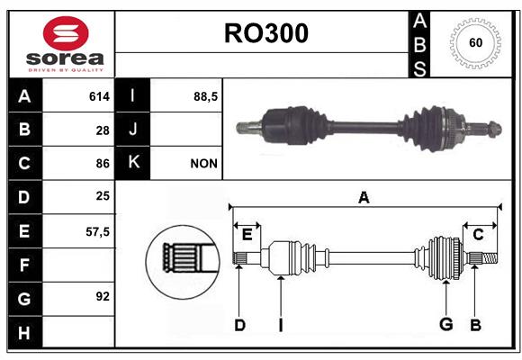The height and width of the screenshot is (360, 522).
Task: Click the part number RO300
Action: click(266, 33)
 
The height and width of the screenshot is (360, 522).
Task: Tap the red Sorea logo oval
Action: click(66, 33)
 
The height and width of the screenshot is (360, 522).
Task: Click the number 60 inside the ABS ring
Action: click(476, 42)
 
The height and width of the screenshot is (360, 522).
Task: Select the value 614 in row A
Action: click(99, 96)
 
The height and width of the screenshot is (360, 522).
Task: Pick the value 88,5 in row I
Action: click(205, 96)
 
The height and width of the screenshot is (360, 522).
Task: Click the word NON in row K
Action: click(203, 164)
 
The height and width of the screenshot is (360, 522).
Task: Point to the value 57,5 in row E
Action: click(97, 231)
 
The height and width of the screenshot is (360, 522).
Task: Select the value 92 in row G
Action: click(103, 296)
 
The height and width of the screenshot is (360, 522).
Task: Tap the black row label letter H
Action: click(24, 333)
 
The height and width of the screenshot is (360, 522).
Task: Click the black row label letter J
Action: click(132, 129)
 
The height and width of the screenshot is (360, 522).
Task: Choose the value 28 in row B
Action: click(103, 130)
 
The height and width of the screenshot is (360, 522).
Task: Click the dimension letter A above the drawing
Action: click(364, 197)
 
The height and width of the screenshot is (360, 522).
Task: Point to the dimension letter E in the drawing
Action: click(247, 234)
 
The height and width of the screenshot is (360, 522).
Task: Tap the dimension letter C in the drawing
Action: click(478, 235)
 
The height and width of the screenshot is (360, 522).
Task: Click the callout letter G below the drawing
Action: click(446, 324)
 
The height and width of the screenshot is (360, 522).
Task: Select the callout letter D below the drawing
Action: click(239, 325)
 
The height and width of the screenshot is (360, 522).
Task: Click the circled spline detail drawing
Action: click(183, 262)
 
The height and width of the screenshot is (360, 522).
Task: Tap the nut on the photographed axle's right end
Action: click(494, 130)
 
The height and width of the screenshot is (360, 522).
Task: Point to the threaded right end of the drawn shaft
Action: click(489, 258)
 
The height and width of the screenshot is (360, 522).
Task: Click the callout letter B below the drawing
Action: click(475, 325)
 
